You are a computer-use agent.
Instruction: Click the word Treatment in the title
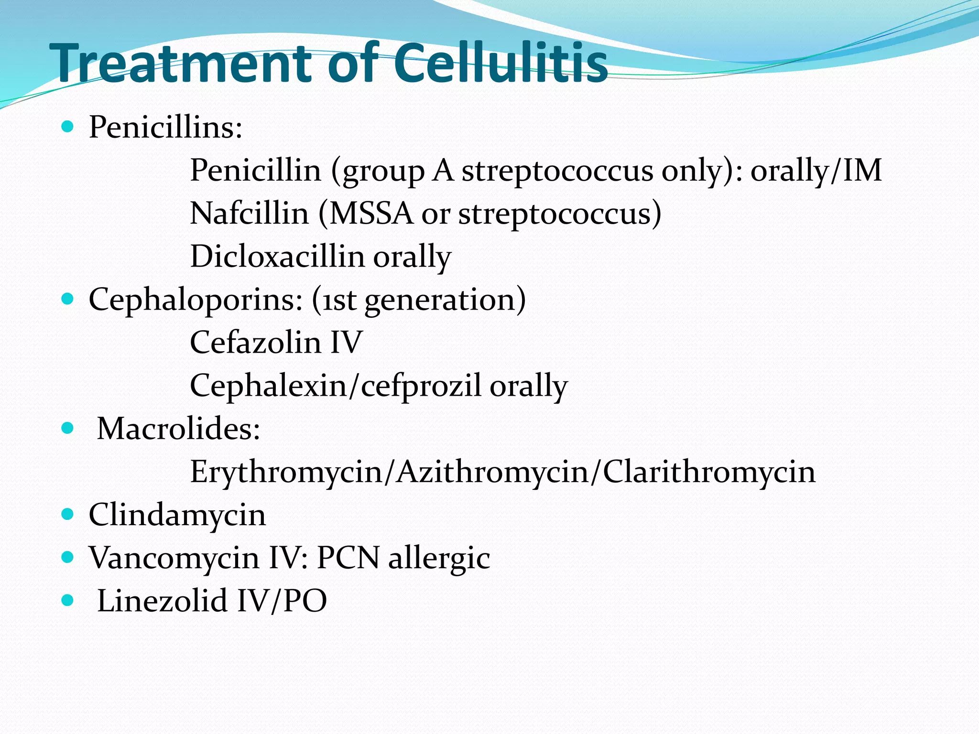[184, 63]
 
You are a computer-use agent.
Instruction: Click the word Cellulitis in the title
[500, 63]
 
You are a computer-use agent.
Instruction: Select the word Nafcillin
[249, 213]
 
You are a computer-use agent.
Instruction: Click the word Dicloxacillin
[277, 256]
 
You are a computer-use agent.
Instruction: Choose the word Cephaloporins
[196, 300]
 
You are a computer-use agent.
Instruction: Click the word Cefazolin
[255, 342]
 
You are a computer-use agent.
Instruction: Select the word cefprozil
[421, 386]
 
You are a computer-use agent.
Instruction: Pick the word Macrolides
[178, 429]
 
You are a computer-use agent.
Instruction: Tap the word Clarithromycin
[709, 472]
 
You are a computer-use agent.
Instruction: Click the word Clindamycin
[177, 515]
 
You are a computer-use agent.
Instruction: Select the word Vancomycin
[174, 558]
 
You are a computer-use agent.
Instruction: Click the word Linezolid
[162, 601]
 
